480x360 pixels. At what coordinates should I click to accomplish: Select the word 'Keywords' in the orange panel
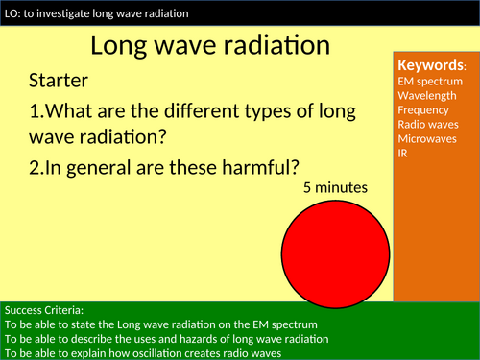(430, 65)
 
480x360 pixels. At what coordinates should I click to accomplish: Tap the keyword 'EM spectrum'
(430, 81)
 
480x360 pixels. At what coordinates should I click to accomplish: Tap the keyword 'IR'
(403, 153)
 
